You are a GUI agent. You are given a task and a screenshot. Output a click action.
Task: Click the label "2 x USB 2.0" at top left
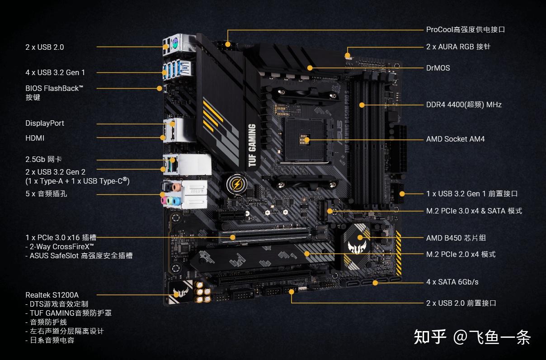click(x=44, y=47)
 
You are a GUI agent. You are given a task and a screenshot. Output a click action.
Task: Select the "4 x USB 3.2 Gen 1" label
click(x=55, y=72)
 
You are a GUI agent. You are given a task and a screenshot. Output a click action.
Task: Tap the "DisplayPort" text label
click(x=45, y=123)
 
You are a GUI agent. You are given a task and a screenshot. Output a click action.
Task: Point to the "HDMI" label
click(x=35, y=138)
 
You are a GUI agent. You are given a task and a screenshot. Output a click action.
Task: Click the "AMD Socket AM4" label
click(x=455, y=139)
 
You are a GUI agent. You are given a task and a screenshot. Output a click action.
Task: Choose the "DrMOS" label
click(x=438, y=68)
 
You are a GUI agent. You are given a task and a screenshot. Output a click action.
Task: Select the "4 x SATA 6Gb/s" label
click(x=452, y=282)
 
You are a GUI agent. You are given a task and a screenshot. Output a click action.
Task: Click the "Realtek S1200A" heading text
click(x=52, y=295)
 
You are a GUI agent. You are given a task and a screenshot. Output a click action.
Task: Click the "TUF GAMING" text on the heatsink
click(x=252, y=146)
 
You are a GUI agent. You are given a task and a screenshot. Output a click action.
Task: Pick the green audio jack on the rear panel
click(x=170, y=200)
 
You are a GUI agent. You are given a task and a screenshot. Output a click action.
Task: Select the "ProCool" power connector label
click(x=465, y=30)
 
